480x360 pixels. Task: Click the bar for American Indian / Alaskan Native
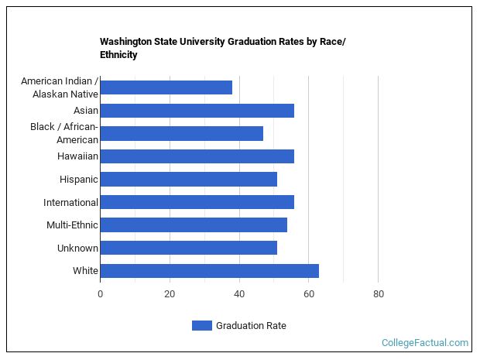click(166, 87)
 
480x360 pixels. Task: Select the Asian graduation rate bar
click(197, 111)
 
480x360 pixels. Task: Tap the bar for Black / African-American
click(181, 133)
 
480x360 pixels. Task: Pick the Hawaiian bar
click(197, 156)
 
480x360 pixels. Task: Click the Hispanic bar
click(188, 180)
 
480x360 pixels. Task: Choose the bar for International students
click(197, 202)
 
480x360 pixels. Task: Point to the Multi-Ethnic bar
click(194, 225)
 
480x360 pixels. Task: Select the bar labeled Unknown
click(188, 248)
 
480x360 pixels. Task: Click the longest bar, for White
click(209, 271)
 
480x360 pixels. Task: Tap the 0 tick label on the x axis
click(100, 294)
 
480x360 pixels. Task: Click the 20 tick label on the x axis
click(170, 294)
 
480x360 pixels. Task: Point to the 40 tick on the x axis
click(239, 294)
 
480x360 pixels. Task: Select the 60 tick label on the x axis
click(308, 294)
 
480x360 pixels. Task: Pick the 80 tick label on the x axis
click(378, 294)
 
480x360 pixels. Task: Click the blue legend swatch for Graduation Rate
click(201, 326)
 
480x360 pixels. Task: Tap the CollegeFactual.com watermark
click(425, 343)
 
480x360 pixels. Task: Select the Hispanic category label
click(79, 180)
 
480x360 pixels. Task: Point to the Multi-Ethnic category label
click(73, 225)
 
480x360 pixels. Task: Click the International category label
click(71, 203)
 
